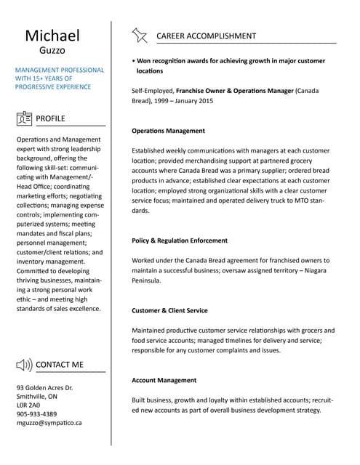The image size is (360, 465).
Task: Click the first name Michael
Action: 52,36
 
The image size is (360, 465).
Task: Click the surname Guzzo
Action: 52,51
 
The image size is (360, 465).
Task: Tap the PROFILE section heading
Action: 50,118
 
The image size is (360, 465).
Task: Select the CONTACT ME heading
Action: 60,364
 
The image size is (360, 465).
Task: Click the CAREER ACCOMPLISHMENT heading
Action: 206,36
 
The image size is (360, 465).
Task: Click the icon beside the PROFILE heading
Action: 24,118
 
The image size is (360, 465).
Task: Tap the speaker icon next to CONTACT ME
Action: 24,364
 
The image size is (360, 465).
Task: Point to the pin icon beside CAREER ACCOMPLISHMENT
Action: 139,36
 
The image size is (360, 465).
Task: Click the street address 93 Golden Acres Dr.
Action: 44,388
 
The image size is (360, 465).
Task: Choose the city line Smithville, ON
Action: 36,397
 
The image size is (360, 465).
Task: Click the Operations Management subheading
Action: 168,131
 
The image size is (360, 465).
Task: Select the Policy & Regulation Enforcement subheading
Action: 180,240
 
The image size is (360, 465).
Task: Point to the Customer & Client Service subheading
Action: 169,310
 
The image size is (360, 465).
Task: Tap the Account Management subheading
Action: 164,380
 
